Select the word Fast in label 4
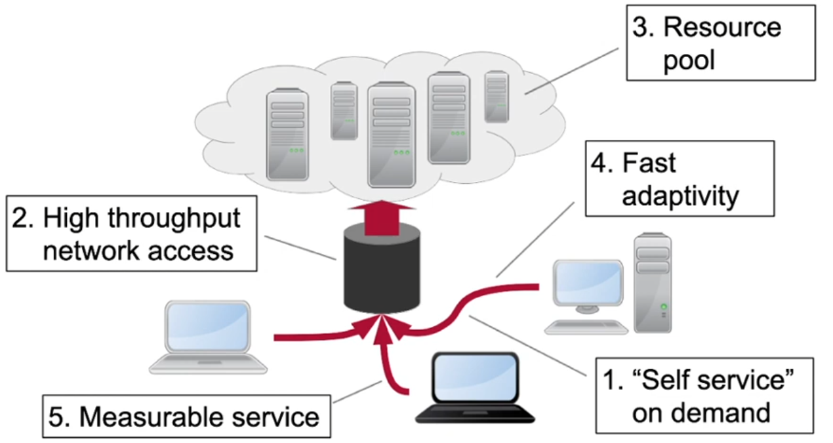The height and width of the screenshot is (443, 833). tap(649, 163)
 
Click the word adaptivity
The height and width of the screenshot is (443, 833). tap(680, 196)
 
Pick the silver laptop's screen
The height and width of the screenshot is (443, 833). tap(207, 327)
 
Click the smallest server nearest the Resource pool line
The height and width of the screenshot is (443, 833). tap(497, 96)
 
